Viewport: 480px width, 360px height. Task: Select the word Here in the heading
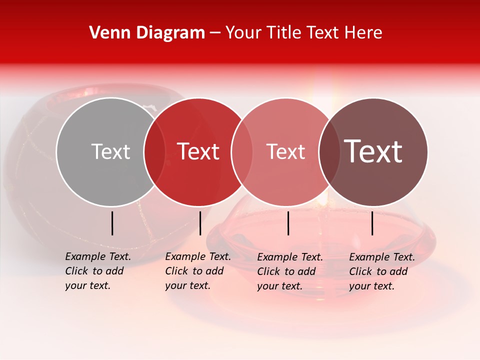[363, 33]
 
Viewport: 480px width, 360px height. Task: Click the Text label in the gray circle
[110, 151]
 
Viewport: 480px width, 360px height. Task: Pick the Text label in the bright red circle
[198, 151]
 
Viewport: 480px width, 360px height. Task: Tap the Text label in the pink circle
[286, 151]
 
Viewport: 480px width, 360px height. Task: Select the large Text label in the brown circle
[373, 151]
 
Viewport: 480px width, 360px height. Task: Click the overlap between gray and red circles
[154, 151]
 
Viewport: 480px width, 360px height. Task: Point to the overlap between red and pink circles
[242, 151]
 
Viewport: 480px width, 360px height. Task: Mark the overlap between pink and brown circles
[329, 151]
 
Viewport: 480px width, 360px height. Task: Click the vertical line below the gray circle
[112, 223]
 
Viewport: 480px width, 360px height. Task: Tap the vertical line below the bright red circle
[200, 223]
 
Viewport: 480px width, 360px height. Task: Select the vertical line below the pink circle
[288, 223]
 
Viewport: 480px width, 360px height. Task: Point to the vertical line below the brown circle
[372, 223]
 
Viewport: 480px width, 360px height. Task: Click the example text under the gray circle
[98, 271]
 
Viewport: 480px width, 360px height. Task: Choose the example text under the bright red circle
[198, 271]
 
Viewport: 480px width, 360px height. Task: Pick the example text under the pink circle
[290, 271]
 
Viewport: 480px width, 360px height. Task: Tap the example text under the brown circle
[382, 271]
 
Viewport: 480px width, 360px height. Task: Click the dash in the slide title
[215, 33]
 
